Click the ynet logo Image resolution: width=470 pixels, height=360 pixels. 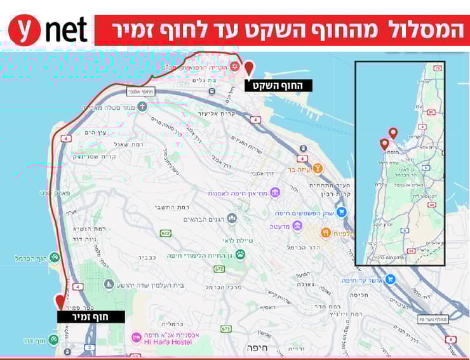tap(48, 30)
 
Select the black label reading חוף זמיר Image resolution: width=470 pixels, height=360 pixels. tap(91, 316)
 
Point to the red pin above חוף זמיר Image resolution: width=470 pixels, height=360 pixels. tap(60, 301)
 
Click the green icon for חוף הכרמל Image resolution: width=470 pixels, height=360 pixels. tap(55, 258)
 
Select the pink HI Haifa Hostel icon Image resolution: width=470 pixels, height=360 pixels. tap(136, 337)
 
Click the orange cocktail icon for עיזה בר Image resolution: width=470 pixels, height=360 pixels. tap(316, 168)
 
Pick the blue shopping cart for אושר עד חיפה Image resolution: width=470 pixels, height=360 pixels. tap(391, 279)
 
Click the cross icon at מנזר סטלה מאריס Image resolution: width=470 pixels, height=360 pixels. tap(142, 106)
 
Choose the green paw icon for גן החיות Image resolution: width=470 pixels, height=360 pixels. tap(240, 255)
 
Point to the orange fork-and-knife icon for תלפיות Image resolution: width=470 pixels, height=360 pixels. tap(325, 233)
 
